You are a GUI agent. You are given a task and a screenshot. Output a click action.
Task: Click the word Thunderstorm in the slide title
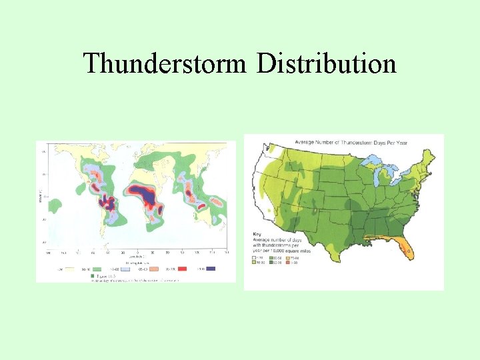tap(165, 63)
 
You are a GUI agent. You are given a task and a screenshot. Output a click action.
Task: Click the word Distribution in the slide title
tap(327, 63)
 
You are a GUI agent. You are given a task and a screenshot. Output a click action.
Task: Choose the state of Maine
tap(427, 155)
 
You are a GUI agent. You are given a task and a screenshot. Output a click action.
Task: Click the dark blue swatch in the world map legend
tap(211, 268)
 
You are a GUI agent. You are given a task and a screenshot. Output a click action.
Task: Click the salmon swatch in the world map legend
tap(155, 268)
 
